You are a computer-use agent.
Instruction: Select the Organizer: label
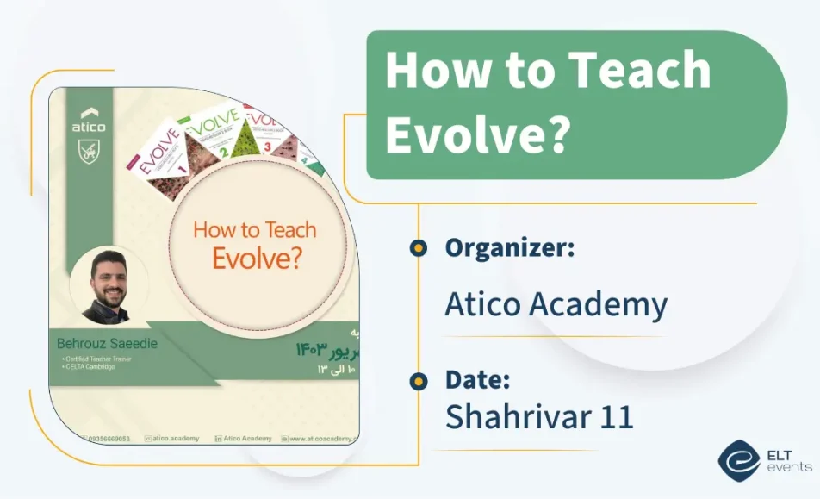(510, 248)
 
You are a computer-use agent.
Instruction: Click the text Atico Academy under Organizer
(556, 304)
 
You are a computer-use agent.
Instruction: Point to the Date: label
(479, 379)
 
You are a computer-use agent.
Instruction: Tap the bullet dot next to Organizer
(419, 248)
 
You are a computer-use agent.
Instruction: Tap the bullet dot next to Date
(419, 380)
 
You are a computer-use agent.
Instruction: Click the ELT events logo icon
(738, 460)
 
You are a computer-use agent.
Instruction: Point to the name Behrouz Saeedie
(107, 345)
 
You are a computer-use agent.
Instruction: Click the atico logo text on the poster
(89, 128)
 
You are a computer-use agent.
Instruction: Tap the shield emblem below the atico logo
(89, 152)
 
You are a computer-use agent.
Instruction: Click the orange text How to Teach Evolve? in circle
(255, 244)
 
